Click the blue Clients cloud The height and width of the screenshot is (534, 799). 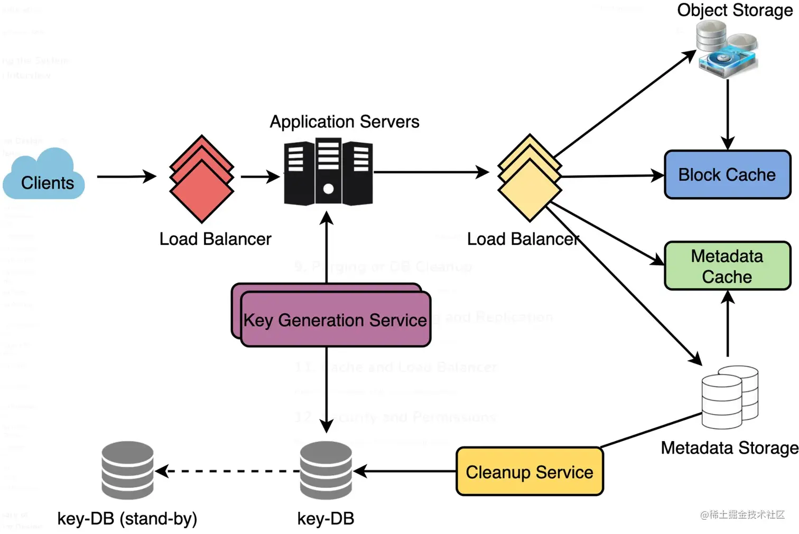click(44, 177)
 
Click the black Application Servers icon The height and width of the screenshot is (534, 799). click(328, 172)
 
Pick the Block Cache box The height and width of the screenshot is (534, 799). click(727, 175)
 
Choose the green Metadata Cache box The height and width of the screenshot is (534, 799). click(727, 266)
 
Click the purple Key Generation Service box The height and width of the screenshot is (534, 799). click(335, 319)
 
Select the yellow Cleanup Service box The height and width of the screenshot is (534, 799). click(529, 472)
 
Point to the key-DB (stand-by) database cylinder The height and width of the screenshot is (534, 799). click(127, 470)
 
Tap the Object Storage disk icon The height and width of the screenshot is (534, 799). click(727, 50)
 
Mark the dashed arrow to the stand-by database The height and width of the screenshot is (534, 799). click(228, 471)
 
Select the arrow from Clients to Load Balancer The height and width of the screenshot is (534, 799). click(126, 176)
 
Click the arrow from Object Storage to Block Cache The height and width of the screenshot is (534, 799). click(728, 114)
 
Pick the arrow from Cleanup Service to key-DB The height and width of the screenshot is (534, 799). click(405, 471)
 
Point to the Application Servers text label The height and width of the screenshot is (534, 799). click(345, 122)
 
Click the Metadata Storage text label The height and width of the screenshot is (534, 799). click(729, 448)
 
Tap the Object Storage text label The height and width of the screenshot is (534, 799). click(735, 10)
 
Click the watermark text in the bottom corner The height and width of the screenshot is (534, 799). click(742, 514)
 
